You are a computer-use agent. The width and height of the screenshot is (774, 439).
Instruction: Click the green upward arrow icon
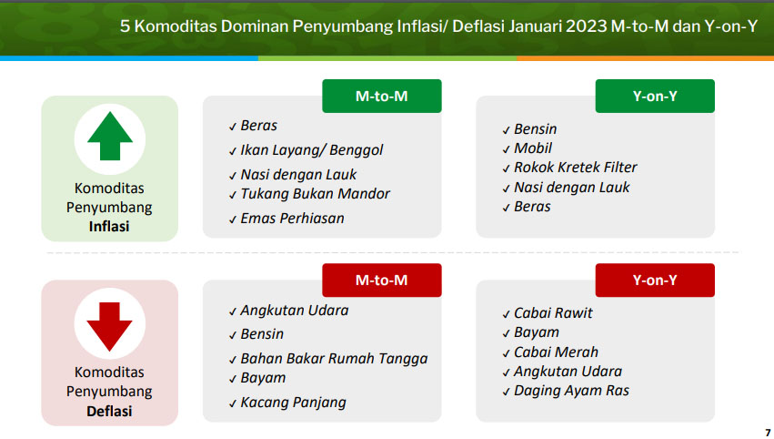point(109,136)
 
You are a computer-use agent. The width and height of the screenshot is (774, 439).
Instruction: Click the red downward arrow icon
point(109,326)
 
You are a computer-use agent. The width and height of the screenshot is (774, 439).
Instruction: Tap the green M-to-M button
point(382,96)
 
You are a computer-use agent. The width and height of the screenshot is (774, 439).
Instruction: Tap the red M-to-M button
point(382,280)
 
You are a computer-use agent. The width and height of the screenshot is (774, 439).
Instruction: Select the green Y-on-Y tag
point(655,96)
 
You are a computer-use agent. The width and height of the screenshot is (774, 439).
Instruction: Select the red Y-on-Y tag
point(655,280)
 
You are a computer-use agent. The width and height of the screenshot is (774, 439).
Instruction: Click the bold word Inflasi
point(109,227)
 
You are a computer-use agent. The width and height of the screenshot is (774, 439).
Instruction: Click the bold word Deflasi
point(109,411)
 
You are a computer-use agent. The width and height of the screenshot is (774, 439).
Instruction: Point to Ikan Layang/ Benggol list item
point(311,150)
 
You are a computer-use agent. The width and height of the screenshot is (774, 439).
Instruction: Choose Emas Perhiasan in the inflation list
point(292,218)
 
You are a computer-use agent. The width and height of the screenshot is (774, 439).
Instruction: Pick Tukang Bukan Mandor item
point(315,194)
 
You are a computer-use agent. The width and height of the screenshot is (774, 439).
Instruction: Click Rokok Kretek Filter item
point(576,168)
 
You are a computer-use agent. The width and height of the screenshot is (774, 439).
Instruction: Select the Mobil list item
point(533,148)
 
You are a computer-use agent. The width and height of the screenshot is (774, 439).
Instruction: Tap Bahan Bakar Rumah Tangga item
point(334,359)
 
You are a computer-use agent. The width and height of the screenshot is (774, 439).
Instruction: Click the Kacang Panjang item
point(293,403)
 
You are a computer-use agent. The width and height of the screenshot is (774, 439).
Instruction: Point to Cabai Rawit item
point(553,313)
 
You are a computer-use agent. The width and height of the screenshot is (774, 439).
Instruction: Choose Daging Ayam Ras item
point(571,391)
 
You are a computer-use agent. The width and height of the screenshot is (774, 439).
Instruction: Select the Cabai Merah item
point(556,352)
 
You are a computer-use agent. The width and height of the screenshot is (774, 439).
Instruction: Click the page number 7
point(768,433)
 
